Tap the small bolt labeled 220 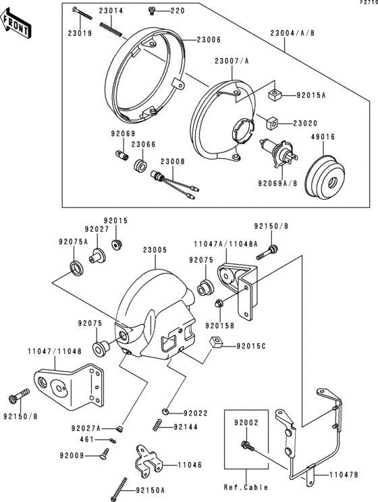[151, 11]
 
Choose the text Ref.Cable [246, 486]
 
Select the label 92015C [251, 347]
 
